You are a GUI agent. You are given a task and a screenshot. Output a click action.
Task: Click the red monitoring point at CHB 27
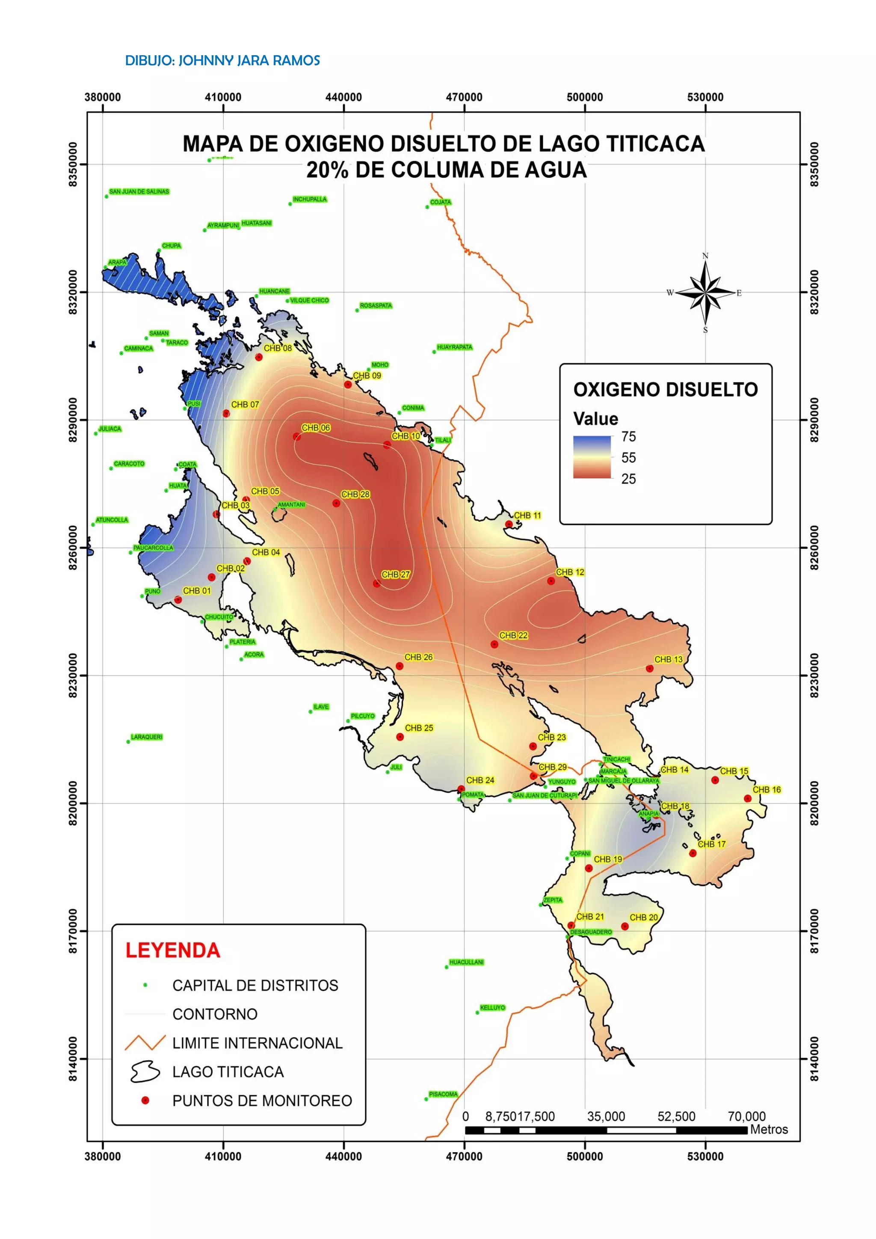click(376, 583)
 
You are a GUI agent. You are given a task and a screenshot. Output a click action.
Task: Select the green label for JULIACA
click(110, 429)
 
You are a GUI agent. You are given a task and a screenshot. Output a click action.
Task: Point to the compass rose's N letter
click(705, 256)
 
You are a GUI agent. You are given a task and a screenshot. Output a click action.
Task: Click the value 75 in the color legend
click(628, 436)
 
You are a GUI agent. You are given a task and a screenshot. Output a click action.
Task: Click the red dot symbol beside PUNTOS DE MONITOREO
click(145, 1100)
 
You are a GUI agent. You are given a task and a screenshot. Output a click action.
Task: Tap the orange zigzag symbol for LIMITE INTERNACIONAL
click(145, 1043)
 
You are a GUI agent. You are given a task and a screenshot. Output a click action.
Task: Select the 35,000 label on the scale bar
click(606, 1117)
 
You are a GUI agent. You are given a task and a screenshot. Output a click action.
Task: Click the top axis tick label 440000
click(343, 97)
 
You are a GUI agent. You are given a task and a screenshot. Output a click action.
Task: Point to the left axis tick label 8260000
click(73, 548)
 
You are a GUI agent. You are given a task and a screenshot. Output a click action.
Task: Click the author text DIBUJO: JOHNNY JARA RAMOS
click(222, 60)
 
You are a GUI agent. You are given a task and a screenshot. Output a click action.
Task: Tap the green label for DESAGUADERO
click(591, 932)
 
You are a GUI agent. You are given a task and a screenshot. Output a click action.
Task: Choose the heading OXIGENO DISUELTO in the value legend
click(665, 390)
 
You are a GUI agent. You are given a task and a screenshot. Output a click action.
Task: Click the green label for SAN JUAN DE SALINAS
click(139, 192)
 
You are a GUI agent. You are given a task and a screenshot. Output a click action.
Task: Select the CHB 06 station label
click(316, 428)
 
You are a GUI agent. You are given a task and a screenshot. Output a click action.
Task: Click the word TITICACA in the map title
click(655, 144)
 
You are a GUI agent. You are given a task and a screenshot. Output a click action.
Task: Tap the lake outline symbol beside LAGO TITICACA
click(145, 1072)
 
